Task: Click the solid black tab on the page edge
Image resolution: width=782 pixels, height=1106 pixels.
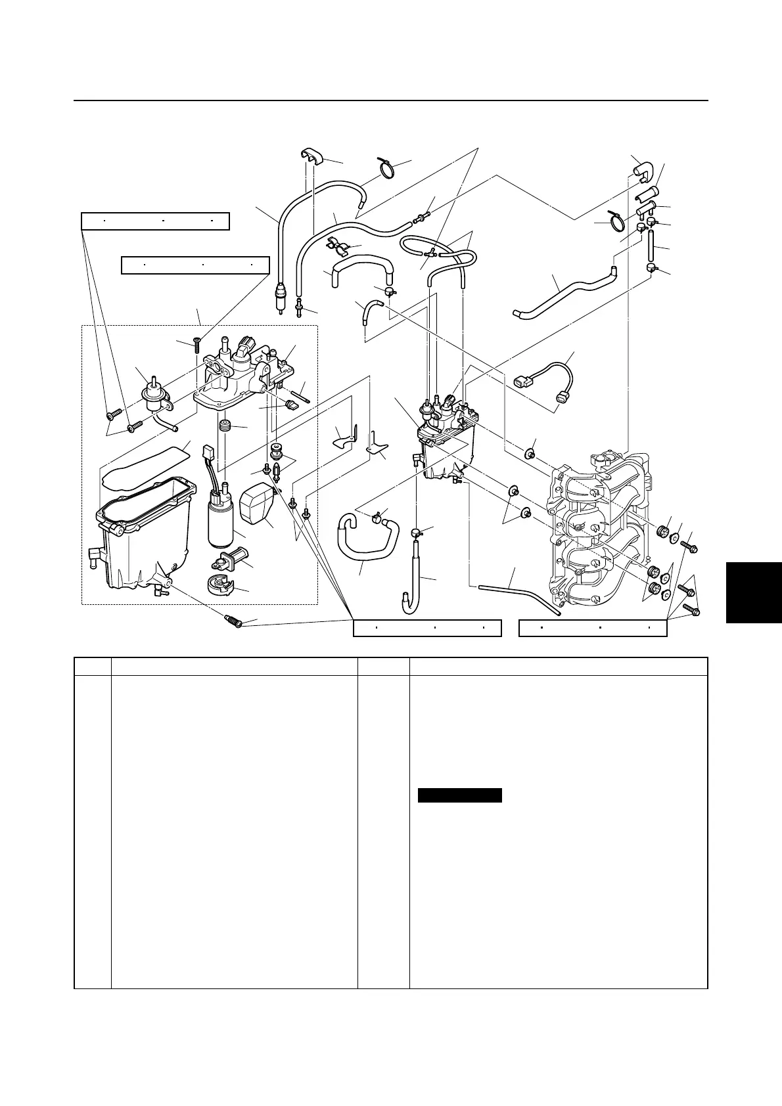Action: coord(754,592)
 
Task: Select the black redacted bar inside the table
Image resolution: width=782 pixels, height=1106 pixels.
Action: coord(460,795)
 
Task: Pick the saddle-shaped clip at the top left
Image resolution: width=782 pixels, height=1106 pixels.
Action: coord(313,158)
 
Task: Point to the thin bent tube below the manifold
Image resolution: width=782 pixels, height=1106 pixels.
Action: coord(519,593)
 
